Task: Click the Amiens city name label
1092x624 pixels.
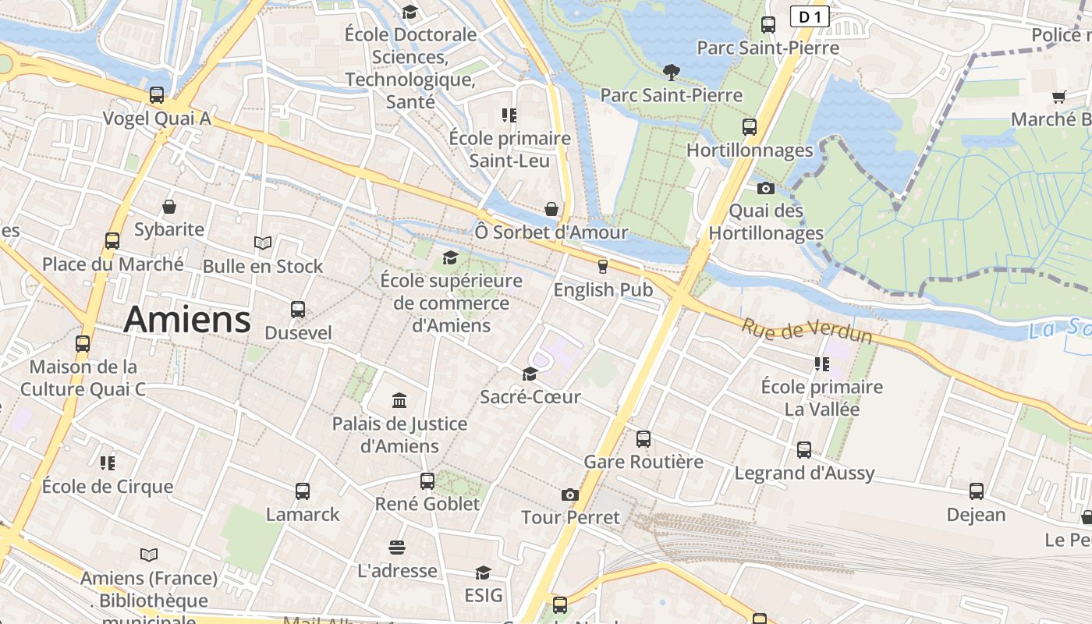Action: tap(187, 319)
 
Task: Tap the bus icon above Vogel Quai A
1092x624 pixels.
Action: tap(157, 95)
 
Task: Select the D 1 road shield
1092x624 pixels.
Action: tap(809, 16)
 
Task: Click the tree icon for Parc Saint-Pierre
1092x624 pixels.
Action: tap(671, 73)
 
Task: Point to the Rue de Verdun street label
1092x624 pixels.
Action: tap(806, 331)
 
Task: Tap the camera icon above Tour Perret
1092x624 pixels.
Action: tap(570, 495)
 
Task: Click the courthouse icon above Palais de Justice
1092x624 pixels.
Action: tap(399, 400)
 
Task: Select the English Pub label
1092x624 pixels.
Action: tap(603, 289)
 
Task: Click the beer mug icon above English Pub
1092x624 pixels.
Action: tap(602, 266)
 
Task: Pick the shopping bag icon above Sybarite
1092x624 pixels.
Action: tap(169, 207)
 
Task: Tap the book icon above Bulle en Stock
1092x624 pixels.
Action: tap(263, 243)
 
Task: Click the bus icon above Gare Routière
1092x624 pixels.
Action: tap(643, 438)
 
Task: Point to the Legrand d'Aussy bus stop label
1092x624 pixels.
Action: tap(804, 473)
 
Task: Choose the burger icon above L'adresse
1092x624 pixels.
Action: tap(397, 548)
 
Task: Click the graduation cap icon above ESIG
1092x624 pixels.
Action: tap(483, 573)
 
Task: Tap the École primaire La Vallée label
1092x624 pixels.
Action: tap(821, 398)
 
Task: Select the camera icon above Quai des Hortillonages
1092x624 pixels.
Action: tap(766, 188)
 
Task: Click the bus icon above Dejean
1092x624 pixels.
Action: tap(977, 491)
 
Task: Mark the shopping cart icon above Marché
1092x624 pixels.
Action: tap(1059, 97)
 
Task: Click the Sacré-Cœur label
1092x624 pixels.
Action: tap(530, 397)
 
